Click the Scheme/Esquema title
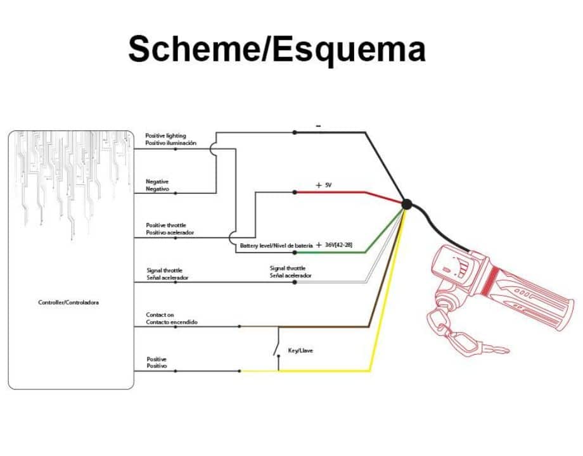click(276, 49)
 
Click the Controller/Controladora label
click(68, 302)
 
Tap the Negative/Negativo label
click(157, 185)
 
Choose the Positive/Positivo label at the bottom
click(157, 363)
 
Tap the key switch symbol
click(278, 349)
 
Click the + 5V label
click(324, 185)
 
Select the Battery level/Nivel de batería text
click(276, 245)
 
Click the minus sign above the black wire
click(318, 126)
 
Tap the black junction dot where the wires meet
click(406, 204)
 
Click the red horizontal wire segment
click(330, 192)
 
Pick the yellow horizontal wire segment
click(304, 370)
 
